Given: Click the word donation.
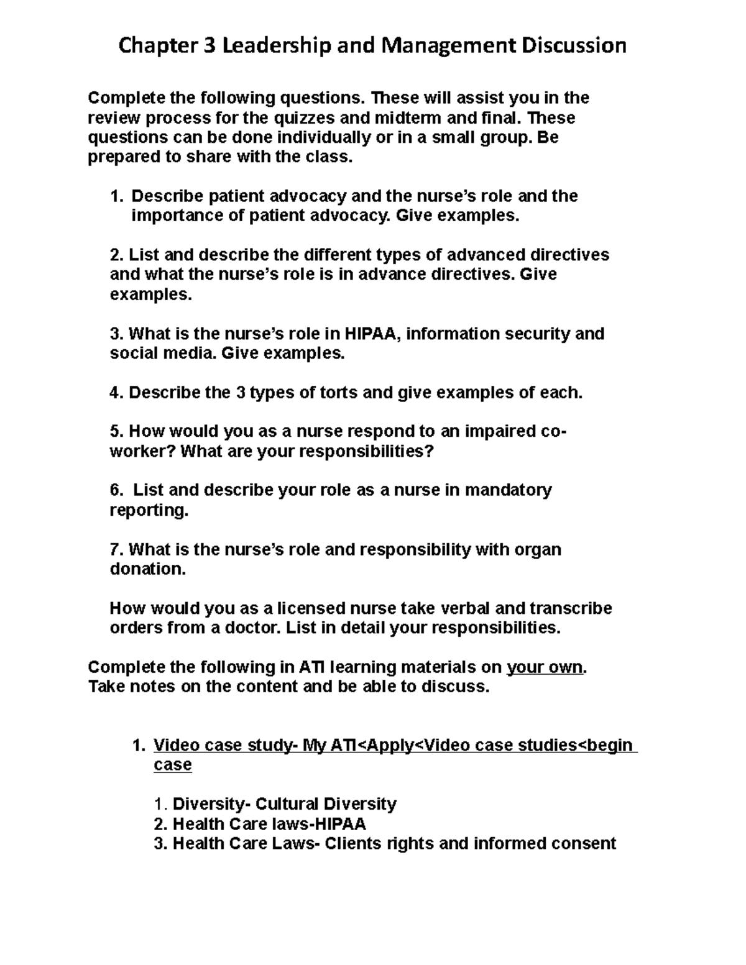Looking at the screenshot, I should pos(147,569).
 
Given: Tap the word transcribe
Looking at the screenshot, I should pos(569,608).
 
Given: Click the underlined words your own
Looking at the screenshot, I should pos(545,667).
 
